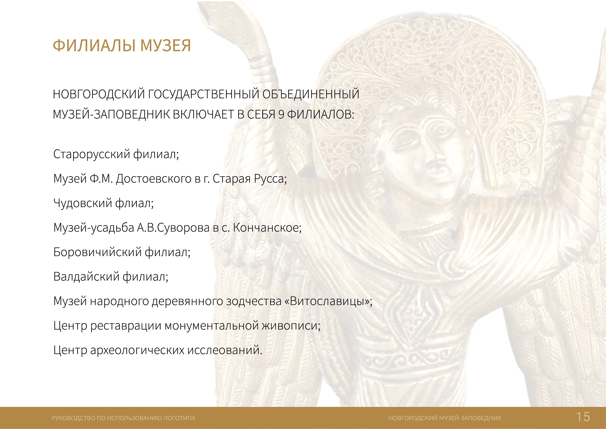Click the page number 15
click(x=583, y=417)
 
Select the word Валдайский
click(x=86, y=277)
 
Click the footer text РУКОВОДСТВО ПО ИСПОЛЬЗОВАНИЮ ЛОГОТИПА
click(x=124, y=418)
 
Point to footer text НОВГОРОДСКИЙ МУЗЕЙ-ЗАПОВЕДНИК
click(x=445, y=418)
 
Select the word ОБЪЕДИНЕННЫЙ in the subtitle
click(x=311, y=94)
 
